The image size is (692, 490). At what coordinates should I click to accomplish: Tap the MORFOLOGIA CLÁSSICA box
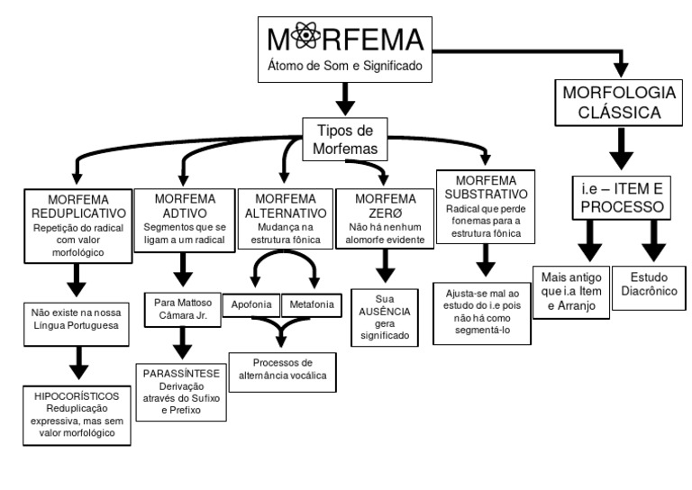pos(617,104)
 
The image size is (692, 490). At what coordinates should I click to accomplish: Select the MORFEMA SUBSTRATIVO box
pos(485,206)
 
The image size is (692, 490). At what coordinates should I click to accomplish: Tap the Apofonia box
pos(252,304)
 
